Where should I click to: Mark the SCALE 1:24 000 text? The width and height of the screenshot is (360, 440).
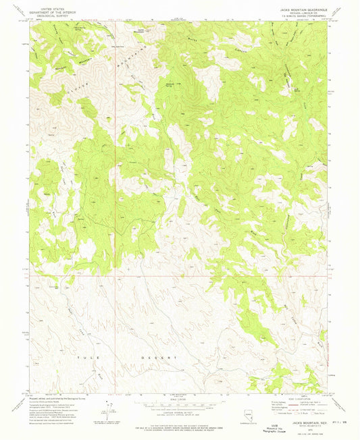pyautogui.click(x=179, y=408)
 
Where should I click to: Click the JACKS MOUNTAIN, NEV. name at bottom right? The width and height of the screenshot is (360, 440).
pyautogui.click(x=307, y=422)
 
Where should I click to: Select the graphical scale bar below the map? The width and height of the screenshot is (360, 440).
pyautogui.click(x=179, y=402)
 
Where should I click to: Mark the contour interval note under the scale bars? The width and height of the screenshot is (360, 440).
pyautogui.click(x=179, y=414)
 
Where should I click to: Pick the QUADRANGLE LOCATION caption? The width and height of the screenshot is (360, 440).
pyautogui.click(x=249, y=422)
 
